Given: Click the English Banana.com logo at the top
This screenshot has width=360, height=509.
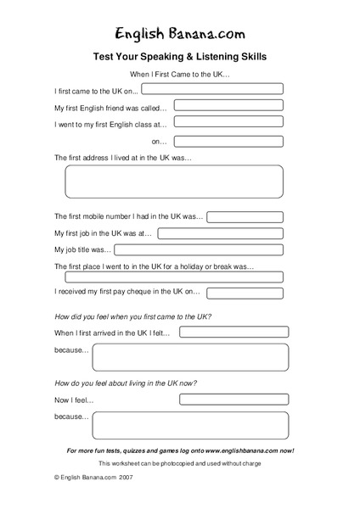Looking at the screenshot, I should coord(180,33).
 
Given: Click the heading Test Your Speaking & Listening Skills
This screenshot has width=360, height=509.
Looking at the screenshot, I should coord(180,57).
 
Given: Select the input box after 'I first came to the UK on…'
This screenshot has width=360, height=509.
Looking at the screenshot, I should coord(212,88).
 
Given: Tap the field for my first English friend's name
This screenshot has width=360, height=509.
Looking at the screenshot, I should coord(228,107).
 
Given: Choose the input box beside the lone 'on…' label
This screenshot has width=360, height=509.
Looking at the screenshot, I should coord(228,142).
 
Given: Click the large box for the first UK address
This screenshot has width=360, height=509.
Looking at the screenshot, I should coord(174,182).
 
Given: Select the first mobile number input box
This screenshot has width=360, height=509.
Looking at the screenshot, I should coord(245,217).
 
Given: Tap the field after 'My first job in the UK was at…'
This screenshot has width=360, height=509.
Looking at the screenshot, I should coord(221,233).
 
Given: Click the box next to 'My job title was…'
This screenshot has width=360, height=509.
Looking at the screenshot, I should coord(199,250).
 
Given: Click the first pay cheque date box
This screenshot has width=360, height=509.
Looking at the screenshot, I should coord(245,293).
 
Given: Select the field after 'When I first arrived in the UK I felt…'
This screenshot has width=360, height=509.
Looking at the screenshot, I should coord(233,332).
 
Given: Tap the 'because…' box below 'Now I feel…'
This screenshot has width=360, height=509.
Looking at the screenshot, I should coord(190,425).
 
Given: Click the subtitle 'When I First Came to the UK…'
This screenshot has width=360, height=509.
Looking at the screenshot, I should coord(180,75).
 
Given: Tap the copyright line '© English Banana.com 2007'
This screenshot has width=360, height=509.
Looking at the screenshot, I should coord(93,478).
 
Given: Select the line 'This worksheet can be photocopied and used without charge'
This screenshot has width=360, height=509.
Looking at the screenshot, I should coord(180,463).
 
